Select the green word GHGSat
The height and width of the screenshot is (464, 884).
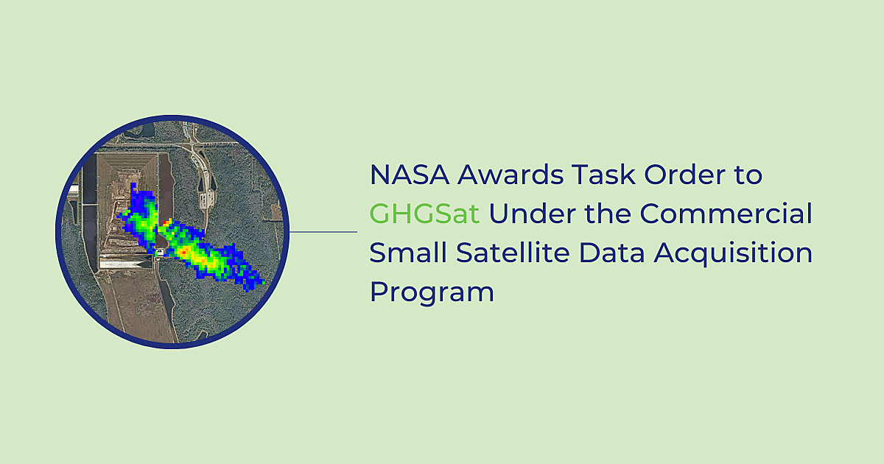coord(424,214)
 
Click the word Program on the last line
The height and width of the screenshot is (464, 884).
coord(431,292)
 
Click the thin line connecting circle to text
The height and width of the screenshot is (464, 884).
coord(324,231)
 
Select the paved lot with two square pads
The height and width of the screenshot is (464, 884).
coord(209,197)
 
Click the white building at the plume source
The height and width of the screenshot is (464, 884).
coord(160,253)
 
